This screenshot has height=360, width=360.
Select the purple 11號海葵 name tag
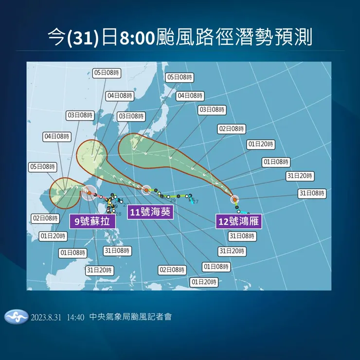150,212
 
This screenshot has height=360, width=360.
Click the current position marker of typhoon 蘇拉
89,193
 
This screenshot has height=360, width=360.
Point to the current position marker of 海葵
146,189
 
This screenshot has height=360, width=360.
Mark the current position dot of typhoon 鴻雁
234,199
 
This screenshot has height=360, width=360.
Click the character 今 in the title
57,37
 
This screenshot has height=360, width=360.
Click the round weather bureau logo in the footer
16,317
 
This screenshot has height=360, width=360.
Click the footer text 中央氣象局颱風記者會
131,317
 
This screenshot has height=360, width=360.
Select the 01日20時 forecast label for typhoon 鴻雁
261,144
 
